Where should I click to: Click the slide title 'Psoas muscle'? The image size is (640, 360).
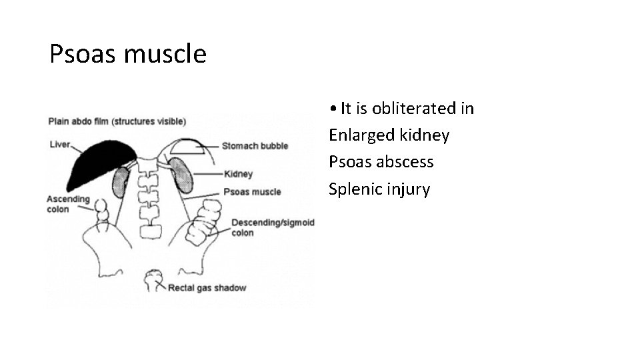coord(128,54)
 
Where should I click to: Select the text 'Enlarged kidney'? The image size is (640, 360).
coord(389,135)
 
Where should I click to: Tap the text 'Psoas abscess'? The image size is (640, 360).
coord(381,162)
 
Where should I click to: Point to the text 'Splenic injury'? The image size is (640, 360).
coord(379,189)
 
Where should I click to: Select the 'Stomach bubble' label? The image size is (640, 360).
coord(255,146)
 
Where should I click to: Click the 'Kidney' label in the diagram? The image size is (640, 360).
coord(239,175)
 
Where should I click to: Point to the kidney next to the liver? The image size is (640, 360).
coord(121,182)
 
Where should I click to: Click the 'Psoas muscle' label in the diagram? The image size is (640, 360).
coord(252,192)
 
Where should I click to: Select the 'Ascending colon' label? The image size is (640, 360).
coord(68,204)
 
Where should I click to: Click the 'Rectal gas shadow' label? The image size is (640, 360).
coord(207,288)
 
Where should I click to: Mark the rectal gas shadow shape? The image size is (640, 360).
coord(155,277)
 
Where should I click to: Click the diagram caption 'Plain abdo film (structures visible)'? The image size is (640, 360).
coord(117,121)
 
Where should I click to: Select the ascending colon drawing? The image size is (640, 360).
coord(101,212)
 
